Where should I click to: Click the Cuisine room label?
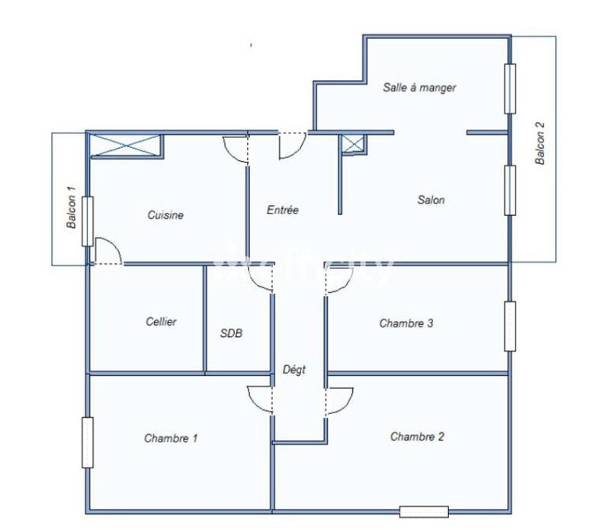(165, 216)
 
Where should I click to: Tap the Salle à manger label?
(419, 88)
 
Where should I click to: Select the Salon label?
(431, 201)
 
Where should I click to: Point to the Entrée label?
(282, 210)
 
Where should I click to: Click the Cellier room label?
(161, 322)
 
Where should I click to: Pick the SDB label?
(232, 333)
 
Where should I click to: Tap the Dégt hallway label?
(294, 371)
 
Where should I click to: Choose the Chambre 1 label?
(171, 438)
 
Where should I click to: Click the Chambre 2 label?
(417, 437)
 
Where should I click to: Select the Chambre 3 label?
(406, 323)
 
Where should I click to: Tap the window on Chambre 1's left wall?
(88, 442)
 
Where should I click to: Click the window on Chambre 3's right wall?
(509, 326)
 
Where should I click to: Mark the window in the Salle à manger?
(509, 88)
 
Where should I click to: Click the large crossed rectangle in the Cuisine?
(125, 145)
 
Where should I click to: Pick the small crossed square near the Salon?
(352, 145)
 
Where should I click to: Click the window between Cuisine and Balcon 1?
(88, 221)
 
